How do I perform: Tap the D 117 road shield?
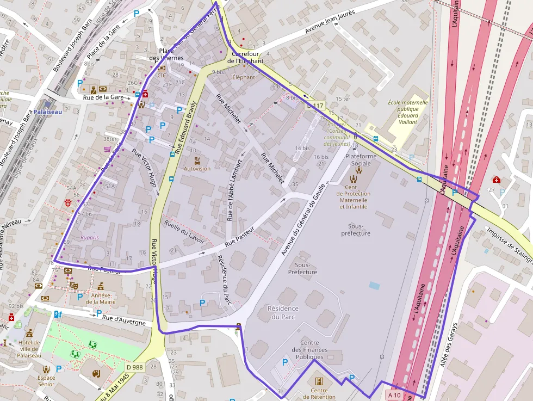coord(314,106)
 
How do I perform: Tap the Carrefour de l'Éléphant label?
coord(245,58)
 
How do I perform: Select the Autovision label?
coord(197,169)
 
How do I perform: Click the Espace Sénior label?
coord(46,381)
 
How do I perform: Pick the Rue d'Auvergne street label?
coord(124,320)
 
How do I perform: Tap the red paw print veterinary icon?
coord(68,203)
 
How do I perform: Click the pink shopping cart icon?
coord(108,149)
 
